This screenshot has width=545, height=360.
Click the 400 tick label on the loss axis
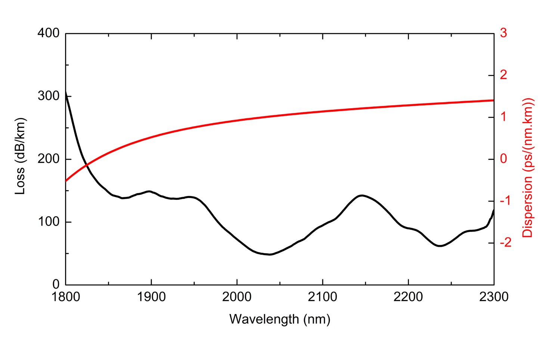(48, 33)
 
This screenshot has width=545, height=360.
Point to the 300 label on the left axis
(48, 96)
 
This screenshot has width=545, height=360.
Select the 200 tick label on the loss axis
(48, 159)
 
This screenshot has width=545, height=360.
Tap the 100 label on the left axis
(48, 221)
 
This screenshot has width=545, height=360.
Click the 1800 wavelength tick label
(66, 297)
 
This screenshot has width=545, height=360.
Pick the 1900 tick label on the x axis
(151, 297)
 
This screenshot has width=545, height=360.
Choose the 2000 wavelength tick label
(237, 297)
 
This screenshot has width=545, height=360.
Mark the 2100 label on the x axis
(322, 297)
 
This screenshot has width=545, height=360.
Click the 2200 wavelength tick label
(408, 297)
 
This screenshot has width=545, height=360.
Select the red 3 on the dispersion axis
(504, 33)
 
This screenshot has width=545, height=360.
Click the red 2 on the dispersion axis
(504, 75)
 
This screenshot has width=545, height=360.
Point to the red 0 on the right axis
(504, 159)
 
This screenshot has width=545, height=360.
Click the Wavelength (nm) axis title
(280, 319)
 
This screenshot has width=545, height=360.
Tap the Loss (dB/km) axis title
(20, 156)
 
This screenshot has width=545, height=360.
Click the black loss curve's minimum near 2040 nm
(270, 254)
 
